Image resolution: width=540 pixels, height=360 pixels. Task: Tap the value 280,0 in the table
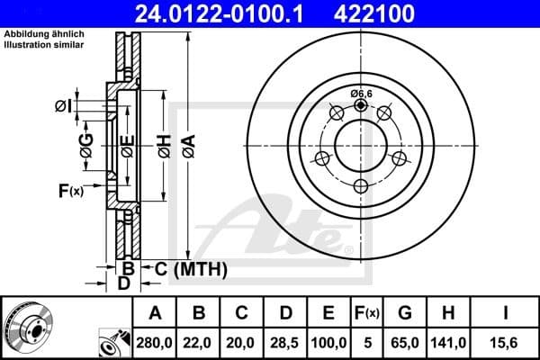[155, 342]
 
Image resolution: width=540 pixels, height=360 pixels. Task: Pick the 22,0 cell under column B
[200, 342]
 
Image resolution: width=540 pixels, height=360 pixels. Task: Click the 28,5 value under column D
[286, 342]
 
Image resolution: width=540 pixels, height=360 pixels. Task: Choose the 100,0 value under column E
[329, 342]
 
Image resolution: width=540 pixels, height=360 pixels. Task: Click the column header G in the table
[406, 313]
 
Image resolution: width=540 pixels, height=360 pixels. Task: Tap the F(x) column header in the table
[368, 313]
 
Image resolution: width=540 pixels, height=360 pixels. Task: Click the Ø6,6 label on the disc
[361, 94]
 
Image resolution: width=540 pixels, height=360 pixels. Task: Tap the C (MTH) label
[191, 269]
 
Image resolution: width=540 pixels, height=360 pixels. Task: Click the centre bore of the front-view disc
[361, 145]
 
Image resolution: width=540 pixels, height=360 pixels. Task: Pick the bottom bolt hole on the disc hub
[361, 186]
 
